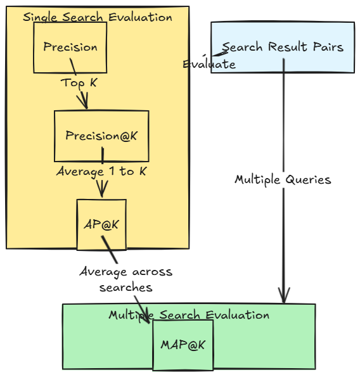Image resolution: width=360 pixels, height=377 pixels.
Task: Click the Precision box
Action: pos(70,48)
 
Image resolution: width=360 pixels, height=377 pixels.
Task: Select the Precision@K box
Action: pos(101,136)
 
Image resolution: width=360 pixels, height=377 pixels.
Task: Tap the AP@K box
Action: pos(101,224)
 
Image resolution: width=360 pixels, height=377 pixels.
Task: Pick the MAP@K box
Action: pos(183,345)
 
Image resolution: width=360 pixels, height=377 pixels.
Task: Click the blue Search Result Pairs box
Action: pos(282,48)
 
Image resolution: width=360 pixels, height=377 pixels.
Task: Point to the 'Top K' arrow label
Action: pos(79,82)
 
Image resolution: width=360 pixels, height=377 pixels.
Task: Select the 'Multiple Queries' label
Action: pos(283,179)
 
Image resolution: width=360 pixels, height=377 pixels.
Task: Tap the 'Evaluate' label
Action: pos(209,64)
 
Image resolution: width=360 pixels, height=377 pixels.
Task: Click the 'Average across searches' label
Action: pos(125,279)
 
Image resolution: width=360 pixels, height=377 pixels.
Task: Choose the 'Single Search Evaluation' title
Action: pos(98,17)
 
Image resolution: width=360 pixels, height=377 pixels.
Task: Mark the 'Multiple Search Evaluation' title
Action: pos(189,315)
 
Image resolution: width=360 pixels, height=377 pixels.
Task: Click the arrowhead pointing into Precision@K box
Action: pos(83,103)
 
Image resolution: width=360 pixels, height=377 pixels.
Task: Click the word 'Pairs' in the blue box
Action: pos(329,47)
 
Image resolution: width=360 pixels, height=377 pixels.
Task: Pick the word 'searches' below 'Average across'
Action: pos(125,287)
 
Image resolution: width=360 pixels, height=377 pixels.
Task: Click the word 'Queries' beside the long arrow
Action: pos(309,179)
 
